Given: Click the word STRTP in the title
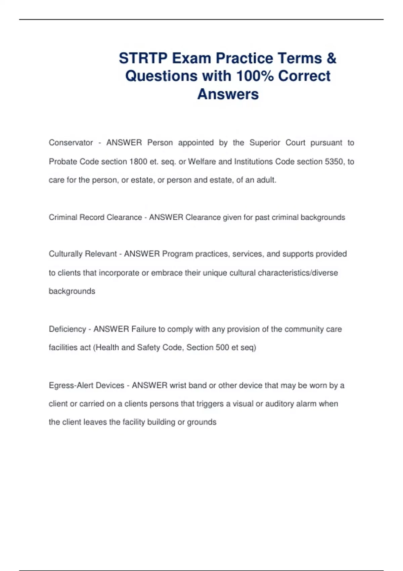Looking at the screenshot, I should coord(143,58).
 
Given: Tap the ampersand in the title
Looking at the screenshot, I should coord(331,58).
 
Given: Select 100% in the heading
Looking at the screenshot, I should coord(255,76).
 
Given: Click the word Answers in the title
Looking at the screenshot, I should coord(228,94).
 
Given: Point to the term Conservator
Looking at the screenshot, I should coord(71,143).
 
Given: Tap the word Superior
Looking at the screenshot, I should coord(265,143).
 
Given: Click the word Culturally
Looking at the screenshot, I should coord(66,254).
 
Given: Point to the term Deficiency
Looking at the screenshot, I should coord(68,329).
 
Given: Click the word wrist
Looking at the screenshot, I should coord(178,385).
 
